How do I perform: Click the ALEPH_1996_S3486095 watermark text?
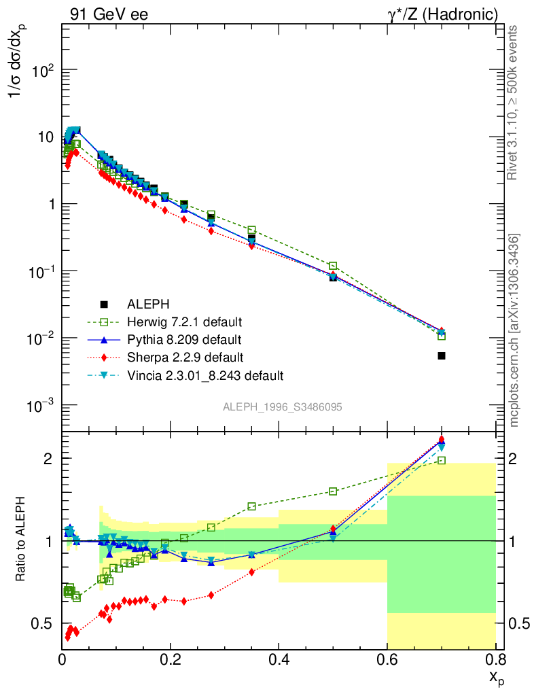282,407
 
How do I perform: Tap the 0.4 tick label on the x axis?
279,659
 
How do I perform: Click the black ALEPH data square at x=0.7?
442,355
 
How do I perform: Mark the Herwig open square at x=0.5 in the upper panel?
333,266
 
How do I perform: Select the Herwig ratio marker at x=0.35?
252,506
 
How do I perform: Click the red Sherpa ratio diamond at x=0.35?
252,572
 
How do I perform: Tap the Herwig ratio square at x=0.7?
442,460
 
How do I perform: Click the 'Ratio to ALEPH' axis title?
21,540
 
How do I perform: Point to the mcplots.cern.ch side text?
514,330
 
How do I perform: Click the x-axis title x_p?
495,678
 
